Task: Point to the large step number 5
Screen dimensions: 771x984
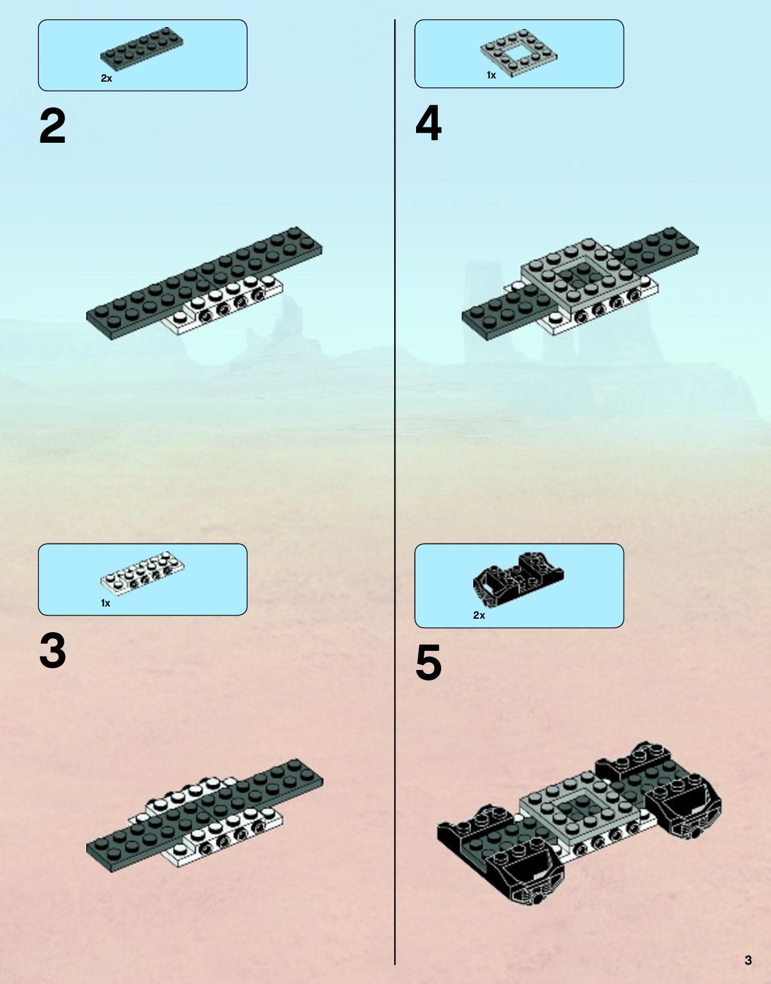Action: [428, 662]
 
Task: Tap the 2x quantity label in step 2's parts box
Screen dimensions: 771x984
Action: [106, 78]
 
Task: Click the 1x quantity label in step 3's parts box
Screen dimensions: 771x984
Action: [105, 603]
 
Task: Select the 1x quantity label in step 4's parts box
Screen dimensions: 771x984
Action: [491, 75]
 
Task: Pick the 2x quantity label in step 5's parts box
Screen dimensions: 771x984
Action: [479, 615]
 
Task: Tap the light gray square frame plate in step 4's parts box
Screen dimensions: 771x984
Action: [519, 53]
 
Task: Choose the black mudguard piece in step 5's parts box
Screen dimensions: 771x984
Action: [518, 579]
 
